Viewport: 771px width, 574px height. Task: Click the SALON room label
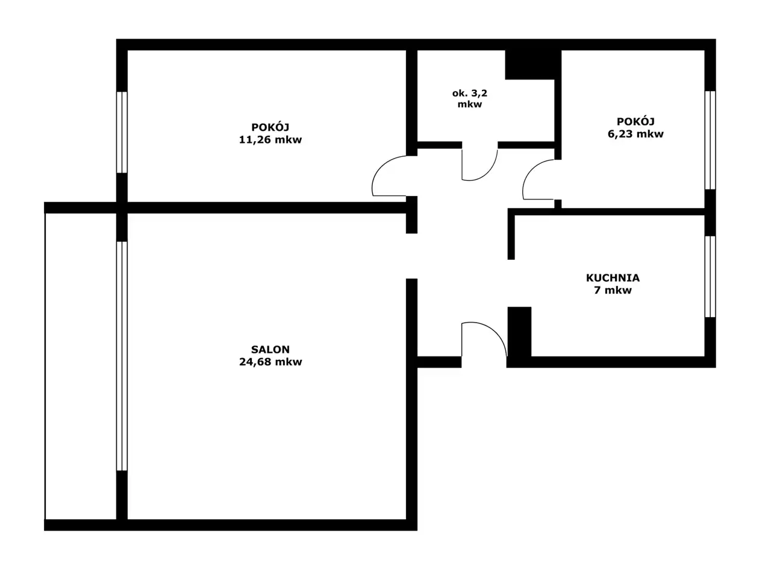pyautogui.click(x=270, y=349)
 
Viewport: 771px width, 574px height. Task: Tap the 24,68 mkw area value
pyautogui.click(x=270, y=362)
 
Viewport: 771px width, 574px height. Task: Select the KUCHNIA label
pyautogui.click(x=613, y=278)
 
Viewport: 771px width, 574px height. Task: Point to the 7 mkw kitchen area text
pyautogui.click(x=613, y=290)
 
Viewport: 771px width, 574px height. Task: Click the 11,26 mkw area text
pyautogui.click(x=270, y=140)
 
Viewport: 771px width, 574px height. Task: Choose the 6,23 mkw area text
pyautogui.click(x=635, y=134)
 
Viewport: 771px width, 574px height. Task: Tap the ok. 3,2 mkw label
pyautogui.click(x=470, y=98)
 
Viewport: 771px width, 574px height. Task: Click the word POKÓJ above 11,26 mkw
pyautogui.click(x=270, y=127)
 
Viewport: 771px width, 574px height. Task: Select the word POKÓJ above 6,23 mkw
pyautogui.click(x=635, y=121)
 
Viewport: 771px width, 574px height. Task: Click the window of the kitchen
pyautogui.click(x=710, y=277)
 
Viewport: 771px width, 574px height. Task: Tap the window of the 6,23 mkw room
pyautogui.click(x=710, y=140)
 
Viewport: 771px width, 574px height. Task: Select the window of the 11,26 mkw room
pyautogui.click(x=122, y=132)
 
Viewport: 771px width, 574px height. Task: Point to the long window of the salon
pyautogui.click(x=122, y=356)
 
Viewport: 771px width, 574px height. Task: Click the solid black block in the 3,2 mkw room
pyautogui.click(x=529, y=65)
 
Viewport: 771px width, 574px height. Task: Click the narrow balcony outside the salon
pyautogui.click(x=81, y=366)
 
